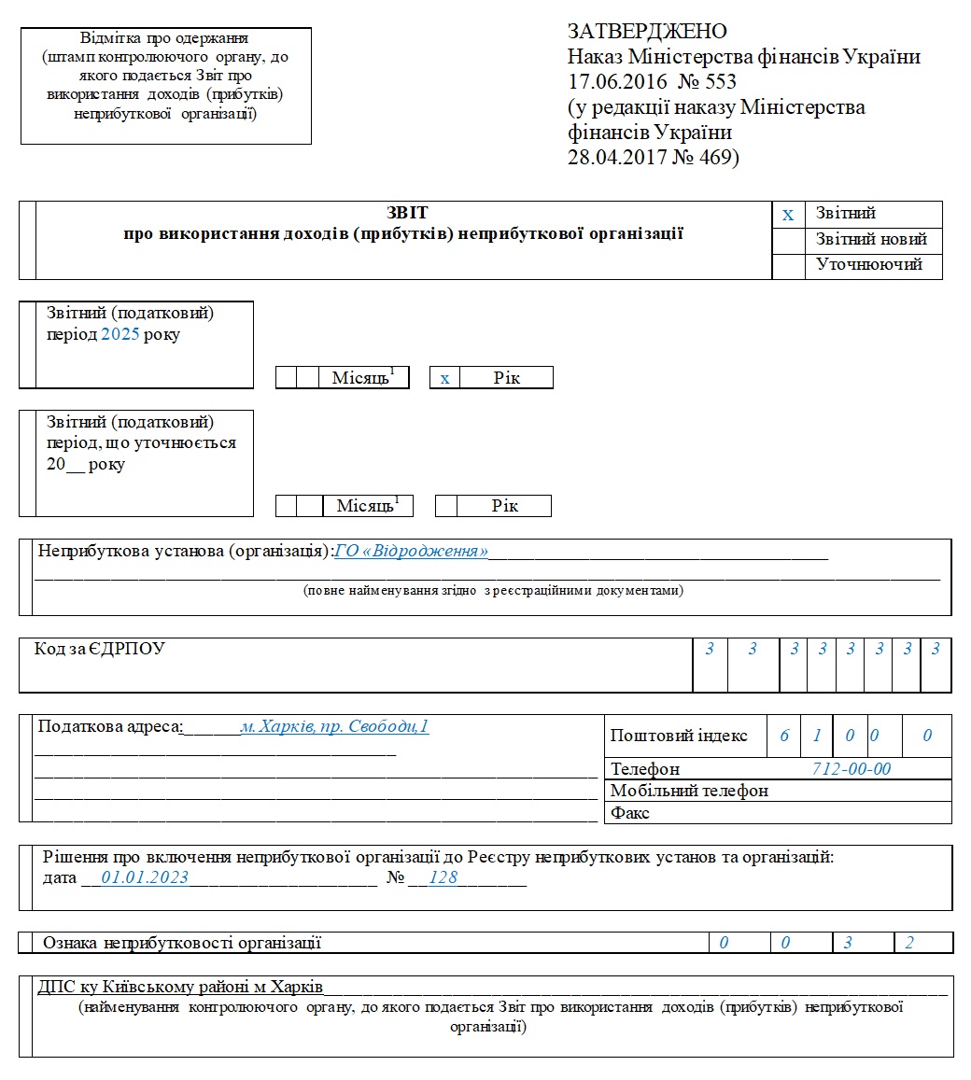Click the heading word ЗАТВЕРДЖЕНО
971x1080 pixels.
coord(647,32)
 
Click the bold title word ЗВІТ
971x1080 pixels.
coord(407,213)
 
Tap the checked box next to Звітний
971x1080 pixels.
coord(788,215)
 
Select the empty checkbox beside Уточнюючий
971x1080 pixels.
coord(788,265)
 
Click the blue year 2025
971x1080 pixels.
coord(120,334)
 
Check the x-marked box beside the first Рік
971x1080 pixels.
coord(445,378)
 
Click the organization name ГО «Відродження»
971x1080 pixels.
coord(411,551)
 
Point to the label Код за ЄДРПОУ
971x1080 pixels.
coord(100,649)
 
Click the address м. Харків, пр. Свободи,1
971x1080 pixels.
coord(334,726)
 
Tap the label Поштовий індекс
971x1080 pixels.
coord(679,736)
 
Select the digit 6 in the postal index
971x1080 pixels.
coord(784,736)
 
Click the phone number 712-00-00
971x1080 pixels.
coord(851,768)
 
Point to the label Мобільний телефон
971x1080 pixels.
coord(689,791)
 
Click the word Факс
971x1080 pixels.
coord(630,813)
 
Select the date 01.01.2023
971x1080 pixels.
coord(145,877)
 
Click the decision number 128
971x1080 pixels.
coord(443,877)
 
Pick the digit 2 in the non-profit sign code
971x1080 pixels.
coord(909,943)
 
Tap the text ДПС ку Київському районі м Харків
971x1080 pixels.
coord(180,988)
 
